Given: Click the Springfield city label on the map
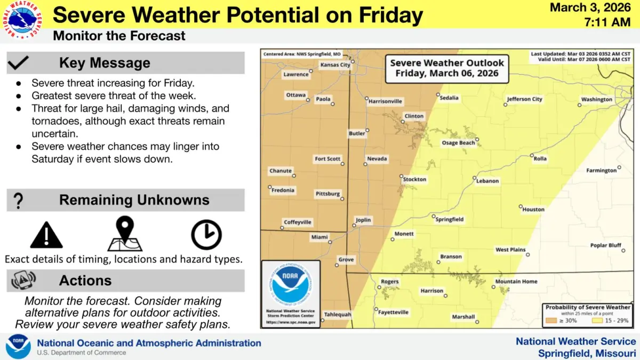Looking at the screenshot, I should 450,219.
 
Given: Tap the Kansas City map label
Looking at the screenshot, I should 335,65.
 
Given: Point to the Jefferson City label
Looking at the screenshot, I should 524,99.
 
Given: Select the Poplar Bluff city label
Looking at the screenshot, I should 606,245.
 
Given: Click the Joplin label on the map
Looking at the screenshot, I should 363,220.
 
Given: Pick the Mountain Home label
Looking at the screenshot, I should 516,282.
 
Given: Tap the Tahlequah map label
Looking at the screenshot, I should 338,315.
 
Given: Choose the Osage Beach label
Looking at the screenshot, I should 458,143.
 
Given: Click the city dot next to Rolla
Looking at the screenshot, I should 532,155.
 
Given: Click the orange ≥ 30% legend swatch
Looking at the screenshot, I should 551,321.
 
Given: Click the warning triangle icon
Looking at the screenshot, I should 46,235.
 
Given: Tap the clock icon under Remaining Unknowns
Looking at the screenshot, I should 206,235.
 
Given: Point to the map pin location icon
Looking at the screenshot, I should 125,234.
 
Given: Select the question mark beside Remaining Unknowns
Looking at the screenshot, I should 18,201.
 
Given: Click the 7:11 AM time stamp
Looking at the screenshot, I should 607,22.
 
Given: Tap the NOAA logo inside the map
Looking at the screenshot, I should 291,285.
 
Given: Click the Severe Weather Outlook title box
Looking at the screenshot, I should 447,68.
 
